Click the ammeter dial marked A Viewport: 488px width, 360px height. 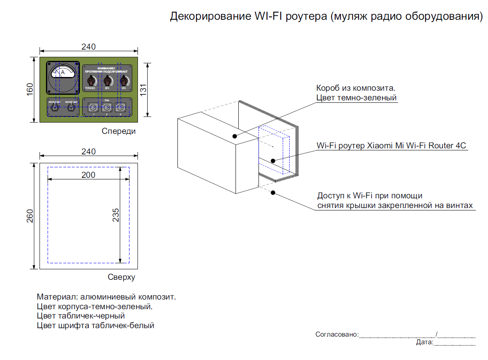click(x=63, y=73)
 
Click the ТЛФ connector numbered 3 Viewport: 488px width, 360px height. click(x=120, y=108)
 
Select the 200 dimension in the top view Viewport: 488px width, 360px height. click(x=88, y=175)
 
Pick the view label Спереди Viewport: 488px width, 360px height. click(x=119, y=131)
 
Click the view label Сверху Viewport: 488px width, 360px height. click(x=121, y=277)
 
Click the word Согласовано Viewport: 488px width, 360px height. click(x=336, y=334)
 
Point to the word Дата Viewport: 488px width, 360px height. click(x=424, y=342)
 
